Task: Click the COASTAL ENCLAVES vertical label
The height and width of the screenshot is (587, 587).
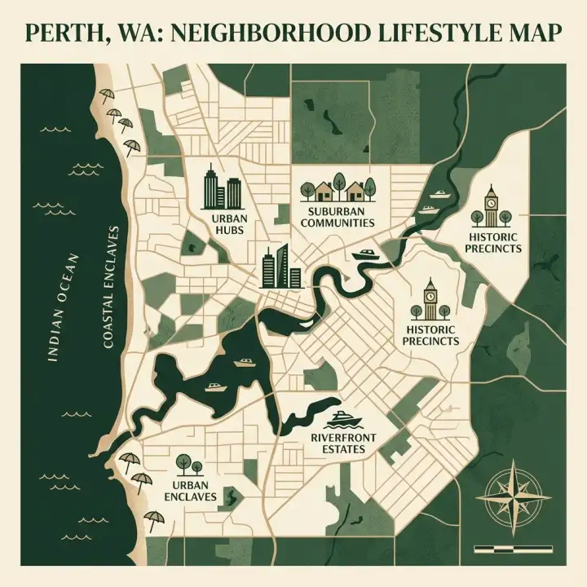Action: pos(112,287)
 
